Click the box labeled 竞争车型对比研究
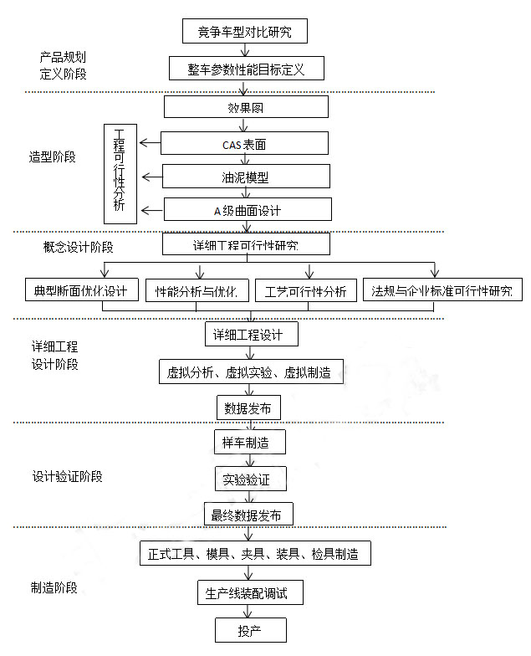(x=244, y=31)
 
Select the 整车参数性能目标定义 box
(x=246, y=69)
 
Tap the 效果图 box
(x=246, y=107)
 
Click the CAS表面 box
(x=244, y=144)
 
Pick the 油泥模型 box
(x=246, y=176)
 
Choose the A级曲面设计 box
(x=248, y=209)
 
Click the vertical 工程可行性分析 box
(x=120, y=174)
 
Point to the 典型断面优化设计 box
(x=82, y=290)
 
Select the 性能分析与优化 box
(x=197, y=290)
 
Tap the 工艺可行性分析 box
(x=306, y=290)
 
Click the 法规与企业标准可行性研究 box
(x=442, y=290)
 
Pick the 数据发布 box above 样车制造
(x=248, y=408)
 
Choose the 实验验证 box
(x=251, y=479)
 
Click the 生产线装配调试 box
(x=250, y=592)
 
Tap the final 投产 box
(x=251, y=630)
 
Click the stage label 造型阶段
(x=52, y=157)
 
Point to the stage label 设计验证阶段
(x=67, y=476)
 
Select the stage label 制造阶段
(x=54, y=587)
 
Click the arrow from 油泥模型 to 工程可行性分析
(x=152, y=177)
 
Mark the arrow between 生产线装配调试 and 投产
(x=248, y=611)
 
